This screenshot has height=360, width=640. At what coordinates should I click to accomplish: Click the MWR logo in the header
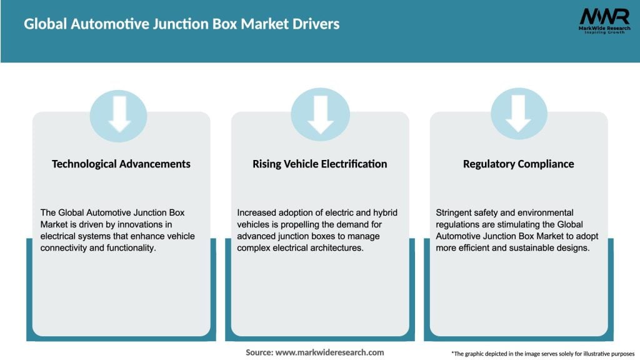(604, 21)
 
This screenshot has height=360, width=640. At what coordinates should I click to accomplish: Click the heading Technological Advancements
(121, 164)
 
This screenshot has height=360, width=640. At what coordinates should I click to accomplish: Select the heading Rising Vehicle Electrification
(320, 164)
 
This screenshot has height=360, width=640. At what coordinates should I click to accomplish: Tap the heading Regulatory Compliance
(519, 164)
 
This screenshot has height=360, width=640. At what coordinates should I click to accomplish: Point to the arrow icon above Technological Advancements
(119, 113)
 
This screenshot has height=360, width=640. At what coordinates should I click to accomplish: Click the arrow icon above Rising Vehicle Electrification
(320, 113)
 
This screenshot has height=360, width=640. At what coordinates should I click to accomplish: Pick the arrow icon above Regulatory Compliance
(519, 113)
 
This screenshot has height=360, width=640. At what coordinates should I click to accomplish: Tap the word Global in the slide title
(46, 24)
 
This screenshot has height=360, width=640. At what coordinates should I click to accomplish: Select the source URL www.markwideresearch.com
(330, 352)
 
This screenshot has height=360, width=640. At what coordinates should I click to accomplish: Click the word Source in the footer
(259, 352)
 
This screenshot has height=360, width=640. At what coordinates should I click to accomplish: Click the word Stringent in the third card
(456, 212)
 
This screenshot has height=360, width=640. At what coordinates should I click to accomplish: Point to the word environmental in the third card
(546, 212)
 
